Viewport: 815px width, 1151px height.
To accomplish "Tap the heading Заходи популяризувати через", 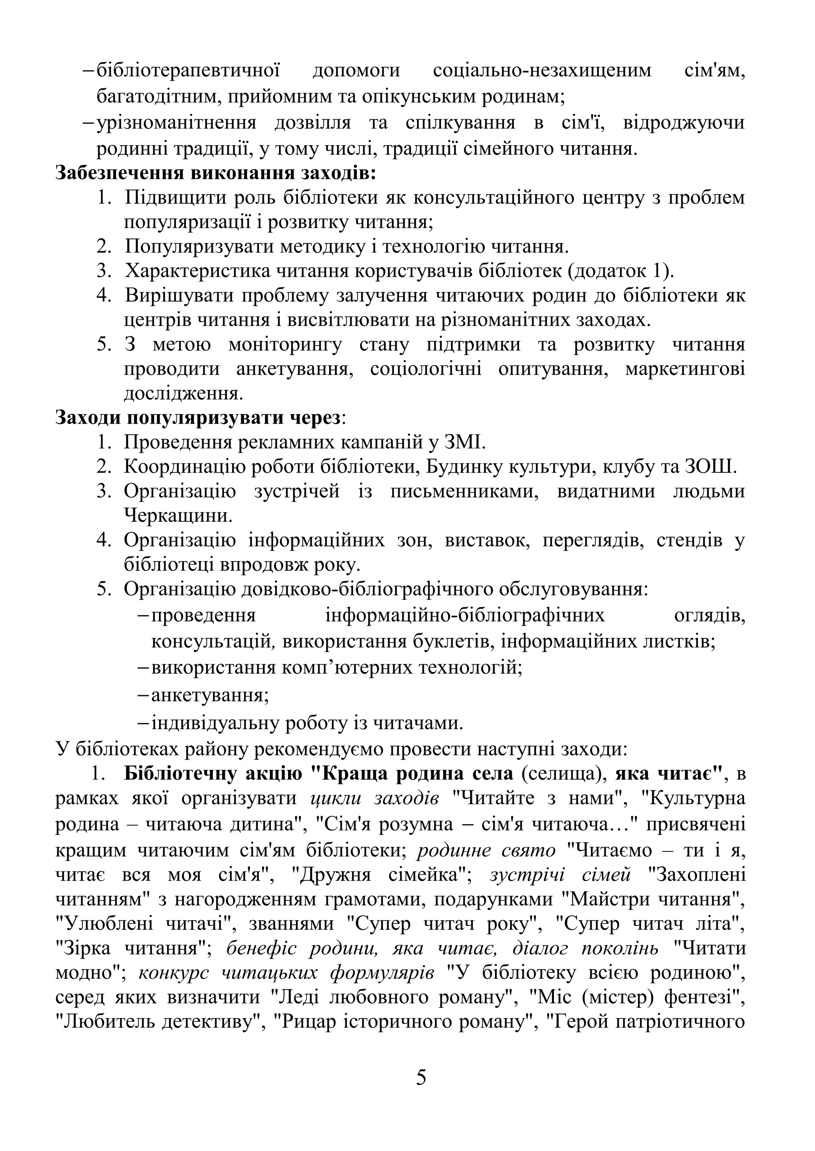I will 198,417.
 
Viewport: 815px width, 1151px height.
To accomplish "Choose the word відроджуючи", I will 684,122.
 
